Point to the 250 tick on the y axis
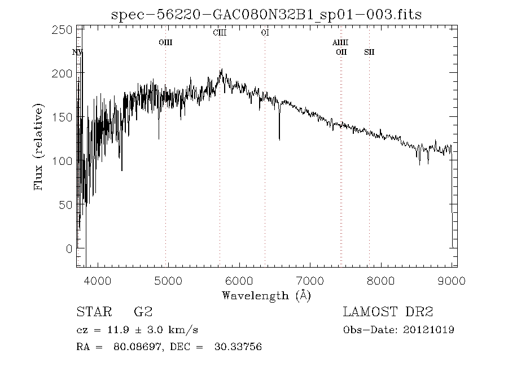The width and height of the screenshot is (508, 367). click(64, 29)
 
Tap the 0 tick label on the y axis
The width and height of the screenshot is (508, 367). click(68, 249)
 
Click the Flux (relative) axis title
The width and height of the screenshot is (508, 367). click(38, 146)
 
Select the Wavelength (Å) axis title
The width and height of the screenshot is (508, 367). click(266, 295)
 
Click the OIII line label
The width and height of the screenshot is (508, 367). click(165, 42)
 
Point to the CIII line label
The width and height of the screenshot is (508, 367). click(220, 33)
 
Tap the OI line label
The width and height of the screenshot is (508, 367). click(265, 33)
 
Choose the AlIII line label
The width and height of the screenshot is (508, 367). click(340, 42)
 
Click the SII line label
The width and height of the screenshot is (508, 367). click(369, 52)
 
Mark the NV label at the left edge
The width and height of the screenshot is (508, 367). click(78, 52)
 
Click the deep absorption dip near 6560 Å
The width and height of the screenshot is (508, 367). click(279, 138)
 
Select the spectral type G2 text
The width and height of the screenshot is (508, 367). click(143, 312)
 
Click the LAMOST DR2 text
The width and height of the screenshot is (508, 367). click(388, 312)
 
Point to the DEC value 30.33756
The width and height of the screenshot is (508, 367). click(238, 347)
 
